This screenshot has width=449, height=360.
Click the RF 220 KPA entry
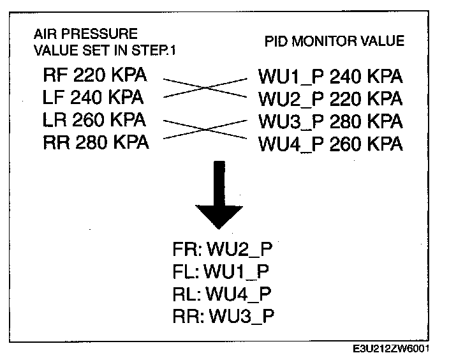click(x=94, y=76)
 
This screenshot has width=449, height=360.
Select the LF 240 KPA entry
click(x=93, y=98)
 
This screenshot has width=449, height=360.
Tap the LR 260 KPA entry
click(x=94, y=120)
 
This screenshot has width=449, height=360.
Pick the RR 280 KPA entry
click(x=96, y=142)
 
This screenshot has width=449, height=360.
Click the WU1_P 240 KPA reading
click(x=330, y=77)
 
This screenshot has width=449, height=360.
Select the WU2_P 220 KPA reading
click(x=330, y=100)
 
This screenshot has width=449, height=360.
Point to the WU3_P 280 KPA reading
click(x=330, y=122)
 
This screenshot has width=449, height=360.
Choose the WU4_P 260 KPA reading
click(x=330, y=144)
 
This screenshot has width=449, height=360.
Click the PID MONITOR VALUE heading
click(x=335, y=41)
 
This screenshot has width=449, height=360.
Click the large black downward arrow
click(x=219, y=195)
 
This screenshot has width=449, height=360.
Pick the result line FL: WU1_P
click(x=221, y=271)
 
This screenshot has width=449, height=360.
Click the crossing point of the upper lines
click(x=204, y=88)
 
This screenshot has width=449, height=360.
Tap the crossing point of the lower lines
click(x=204, y=130)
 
